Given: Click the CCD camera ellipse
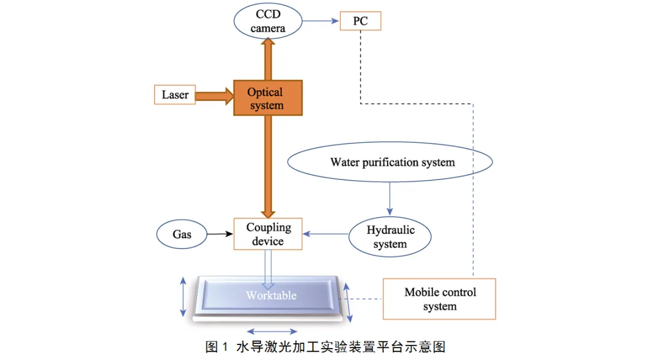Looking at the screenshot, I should (x=268, y=21).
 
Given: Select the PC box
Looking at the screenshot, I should (x=360, y=22).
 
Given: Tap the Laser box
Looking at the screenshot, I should (x=175, y=95).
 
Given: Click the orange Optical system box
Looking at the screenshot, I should (x=267, y=98).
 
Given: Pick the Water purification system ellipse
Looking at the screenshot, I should (x=391, y=162).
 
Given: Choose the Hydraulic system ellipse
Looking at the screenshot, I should (x=390, y=237).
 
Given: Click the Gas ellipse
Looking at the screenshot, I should (x=182, y=234).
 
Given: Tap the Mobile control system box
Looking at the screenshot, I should (x=439, y=299).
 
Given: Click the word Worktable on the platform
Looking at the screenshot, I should (x=271, y=296).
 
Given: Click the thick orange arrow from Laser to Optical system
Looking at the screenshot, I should (x=214, y=95).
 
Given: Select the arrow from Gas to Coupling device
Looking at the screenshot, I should (x=220, y=234).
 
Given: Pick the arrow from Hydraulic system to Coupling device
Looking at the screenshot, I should (x=325, y=235).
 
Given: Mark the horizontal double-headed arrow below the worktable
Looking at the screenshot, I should (x=272, y=331).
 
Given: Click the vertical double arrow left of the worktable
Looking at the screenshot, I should (x=184, y=296).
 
